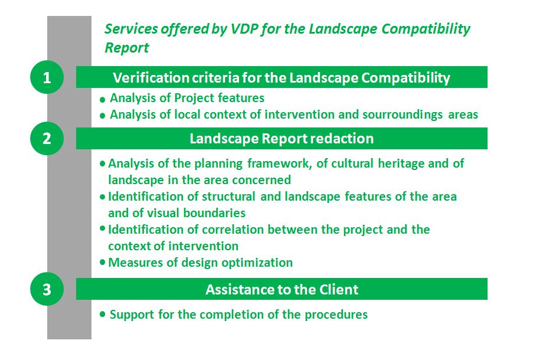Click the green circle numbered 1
point(47,77)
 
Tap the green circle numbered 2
point(47,138)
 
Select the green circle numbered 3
point(47,289)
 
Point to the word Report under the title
point(126,48)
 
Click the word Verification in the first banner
point(151,78)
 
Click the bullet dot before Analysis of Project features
point(102,100)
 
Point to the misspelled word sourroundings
point(403,114)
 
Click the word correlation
point(233,230)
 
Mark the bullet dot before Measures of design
point(102,262)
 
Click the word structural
point(228,197)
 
